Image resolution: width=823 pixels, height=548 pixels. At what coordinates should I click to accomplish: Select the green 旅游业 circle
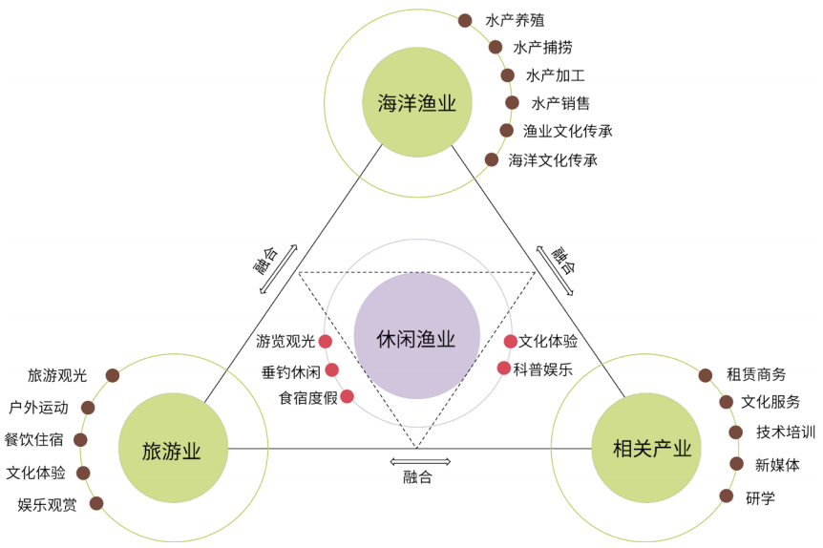(x=174, y=450)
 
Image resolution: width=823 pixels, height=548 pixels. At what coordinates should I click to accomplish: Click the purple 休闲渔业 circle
(x=416, y=337)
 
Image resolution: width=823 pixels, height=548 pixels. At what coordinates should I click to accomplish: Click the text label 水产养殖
(x=515, y=20)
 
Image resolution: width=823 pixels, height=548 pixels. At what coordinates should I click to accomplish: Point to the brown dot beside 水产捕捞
(x=495, y=47)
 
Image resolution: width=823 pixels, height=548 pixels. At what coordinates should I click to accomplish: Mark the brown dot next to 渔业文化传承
(x=506, y=131)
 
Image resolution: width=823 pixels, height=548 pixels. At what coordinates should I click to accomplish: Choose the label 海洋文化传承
(x=553, y=159)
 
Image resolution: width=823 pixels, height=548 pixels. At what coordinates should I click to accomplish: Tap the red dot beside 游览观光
(x=325, y=341)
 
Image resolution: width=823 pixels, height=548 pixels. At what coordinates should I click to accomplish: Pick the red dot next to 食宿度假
(x=347, y=396)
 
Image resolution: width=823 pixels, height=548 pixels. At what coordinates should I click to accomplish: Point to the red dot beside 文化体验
(x=511, y=341)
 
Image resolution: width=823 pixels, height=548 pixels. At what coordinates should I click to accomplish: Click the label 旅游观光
(x=57, y=375)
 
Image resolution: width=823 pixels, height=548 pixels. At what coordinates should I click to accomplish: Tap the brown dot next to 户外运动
(x=89, y=407)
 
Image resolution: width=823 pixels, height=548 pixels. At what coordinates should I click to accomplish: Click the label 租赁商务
(x=756, y=374)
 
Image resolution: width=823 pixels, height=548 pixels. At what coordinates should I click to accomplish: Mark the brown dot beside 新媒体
(x=737, y=464)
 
